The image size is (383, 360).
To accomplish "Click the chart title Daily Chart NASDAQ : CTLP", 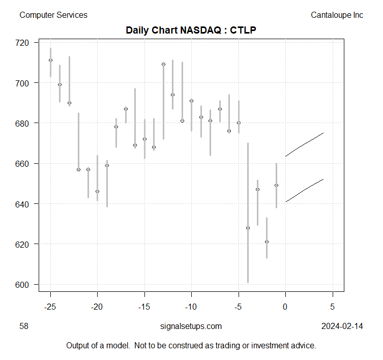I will [x=191, y=30].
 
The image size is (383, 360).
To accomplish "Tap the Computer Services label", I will [x=53, y=15].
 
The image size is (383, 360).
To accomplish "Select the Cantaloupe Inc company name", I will [x=337, y=15].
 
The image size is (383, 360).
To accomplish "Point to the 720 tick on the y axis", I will [x=23, y=42].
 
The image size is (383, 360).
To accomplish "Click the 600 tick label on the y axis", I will [x=23, y=285].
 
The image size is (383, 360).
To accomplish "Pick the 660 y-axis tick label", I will [x=23, y=164].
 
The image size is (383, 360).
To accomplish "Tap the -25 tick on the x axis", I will [x=50, y=307].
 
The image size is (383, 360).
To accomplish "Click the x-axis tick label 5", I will [x=333, y=307].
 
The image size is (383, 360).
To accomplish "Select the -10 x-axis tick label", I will [x=191, y=307].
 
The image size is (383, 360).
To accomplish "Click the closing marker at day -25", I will [x=50, y=60].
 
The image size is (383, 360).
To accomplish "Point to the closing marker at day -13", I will [x=163, y=64].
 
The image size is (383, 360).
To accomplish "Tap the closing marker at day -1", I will [x=276, y=185].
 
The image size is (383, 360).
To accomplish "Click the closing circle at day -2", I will [x=267, y=242].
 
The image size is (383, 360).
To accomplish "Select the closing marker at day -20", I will [x=97, y=191].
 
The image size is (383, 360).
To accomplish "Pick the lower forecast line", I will [x=304, y=190].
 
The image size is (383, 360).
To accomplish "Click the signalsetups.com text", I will [x=191, y=326].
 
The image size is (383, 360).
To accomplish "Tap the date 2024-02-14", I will [x=342, y=326].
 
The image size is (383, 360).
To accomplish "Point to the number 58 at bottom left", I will [x=23, y=326].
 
